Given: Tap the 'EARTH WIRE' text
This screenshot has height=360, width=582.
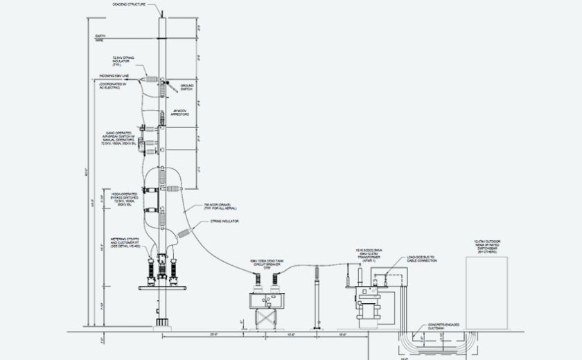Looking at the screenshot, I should coord(101,39).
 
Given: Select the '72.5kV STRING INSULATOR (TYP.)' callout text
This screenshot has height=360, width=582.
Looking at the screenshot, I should coord(123,62).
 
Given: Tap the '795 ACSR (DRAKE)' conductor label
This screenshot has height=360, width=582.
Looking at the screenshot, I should coord(220,206).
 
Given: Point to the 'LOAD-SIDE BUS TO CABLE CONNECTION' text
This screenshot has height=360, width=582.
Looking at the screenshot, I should coord(421,260).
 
